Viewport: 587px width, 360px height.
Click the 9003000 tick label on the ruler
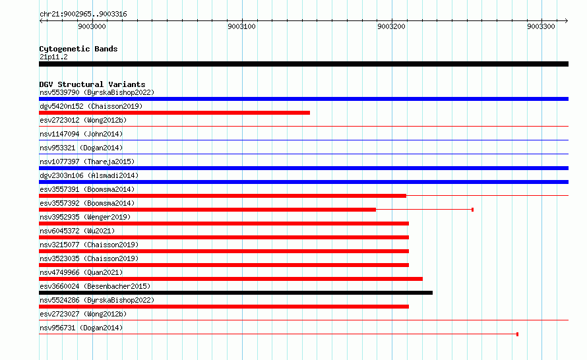point(92,26)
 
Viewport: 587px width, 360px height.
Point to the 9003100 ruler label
point(241,26)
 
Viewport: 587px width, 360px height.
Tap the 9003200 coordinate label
point(391,26)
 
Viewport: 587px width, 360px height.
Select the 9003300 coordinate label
point(541,26)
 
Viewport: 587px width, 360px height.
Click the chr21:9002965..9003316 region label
point(83,14)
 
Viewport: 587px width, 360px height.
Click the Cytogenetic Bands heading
point(78,49)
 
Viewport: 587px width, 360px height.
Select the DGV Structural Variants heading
point(92,84)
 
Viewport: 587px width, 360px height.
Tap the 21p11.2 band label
point(53,57)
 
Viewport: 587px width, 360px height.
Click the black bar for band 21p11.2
point(303,64)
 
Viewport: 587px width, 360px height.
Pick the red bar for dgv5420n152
point(174,113)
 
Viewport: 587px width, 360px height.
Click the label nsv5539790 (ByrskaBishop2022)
point(96,92)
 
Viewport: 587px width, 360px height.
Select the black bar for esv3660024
point(235,293)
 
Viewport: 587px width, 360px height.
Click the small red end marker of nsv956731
point(517,334)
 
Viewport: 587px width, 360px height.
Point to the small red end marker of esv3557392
point(472,210)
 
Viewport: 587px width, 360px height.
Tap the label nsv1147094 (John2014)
point(80,134)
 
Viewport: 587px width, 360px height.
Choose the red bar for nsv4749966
point(231,279)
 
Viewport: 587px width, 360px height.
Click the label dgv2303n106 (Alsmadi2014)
point(89,175)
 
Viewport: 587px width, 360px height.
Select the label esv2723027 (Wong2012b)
point(82,314)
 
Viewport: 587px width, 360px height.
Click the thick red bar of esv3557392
point(207,210)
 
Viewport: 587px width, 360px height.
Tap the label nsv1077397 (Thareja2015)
point(86,162)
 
